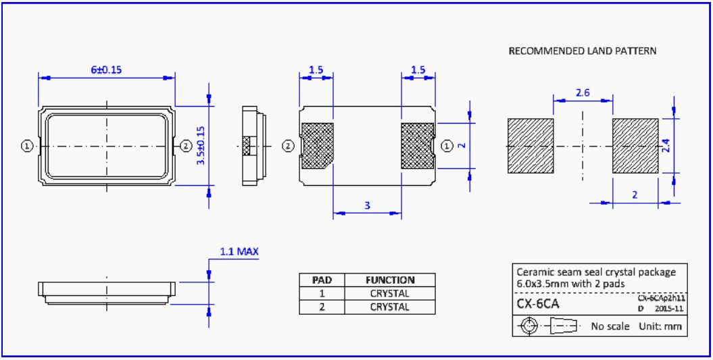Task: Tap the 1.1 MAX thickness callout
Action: point(239,252)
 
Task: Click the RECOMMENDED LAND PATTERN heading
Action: point(582,51)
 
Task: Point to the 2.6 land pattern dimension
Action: point(583,93)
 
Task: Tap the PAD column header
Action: point(322,280)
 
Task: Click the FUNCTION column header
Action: point(390,280)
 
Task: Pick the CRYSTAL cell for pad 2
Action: point(390,307)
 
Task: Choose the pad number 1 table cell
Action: point(322,293)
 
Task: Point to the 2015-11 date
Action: point(669,308)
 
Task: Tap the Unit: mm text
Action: point(661,326)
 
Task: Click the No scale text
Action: point(610,326)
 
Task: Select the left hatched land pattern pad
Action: point(530,145)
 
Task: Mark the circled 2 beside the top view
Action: point(185,145)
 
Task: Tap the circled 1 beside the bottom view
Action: point(447,145)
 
